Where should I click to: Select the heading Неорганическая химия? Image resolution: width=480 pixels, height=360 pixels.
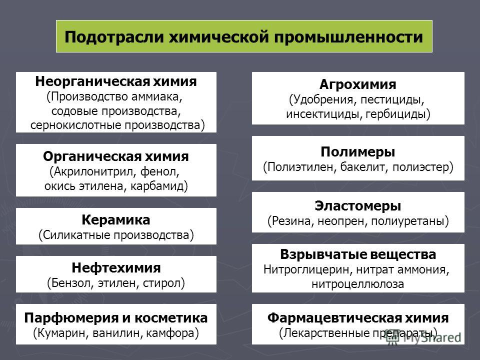pos(116,81)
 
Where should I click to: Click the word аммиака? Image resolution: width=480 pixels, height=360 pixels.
pos(157,96)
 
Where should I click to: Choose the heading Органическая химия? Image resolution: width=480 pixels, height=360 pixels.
pos(116,156)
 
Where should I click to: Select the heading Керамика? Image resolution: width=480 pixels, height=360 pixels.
pos(116,220)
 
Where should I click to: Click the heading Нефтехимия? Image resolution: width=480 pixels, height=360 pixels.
pos(116,268)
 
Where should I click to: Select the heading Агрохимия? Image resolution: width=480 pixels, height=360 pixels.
pos(358,84)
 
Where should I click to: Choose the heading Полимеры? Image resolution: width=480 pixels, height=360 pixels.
pos(358,152)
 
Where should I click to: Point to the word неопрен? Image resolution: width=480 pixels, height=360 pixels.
pos(342,221)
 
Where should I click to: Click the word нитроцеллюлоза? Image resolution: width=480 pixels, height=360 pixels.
pos(358,284)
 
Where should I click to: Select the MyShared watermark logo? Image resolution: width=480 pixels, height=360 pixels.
pos(423,337)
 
